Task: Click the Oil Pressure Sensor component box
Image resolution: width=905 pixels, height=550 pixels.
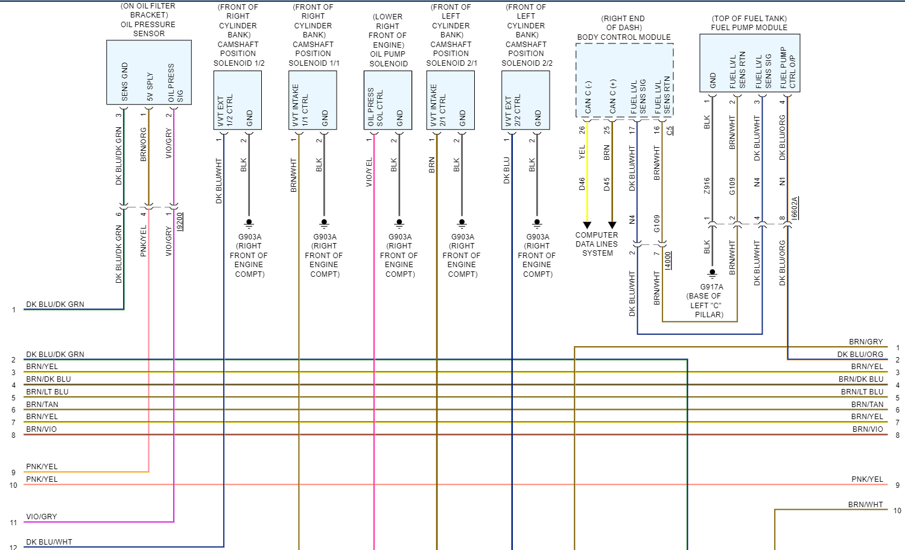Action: tap(148, 72)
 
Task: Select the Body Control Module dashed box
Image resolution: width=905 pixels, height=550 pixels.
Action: tap(624, 80)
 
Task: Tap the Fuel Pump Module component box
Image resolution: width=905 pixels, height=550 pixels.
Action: tap(749, 63)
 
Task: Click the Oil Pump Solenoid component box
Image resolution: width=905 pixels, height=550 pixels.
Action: tap(387, 100)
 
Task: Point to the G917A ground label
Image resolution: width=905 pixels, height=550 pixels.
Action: tap(712, 287)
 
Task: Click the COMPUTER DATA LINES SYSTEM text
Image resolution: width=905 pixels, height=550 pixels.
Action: tap(597, 244)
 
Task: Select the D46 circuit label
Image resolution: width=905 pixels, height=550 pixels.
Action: tap(582, 184)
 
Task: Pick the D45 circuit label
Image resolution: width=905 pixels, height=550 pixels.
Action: tap(607, 184)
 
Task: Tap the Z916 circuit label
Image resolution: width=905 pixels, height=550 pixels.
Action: tap(707, 186)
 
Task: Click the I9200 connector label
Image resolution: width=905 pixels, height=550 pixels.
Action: tap(180, 221)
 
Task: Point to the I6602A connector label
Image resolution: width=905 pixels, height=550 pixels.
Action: tap(795, 207)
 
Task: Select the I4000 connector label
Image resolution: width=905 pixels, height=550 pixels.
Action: tap(668, 260)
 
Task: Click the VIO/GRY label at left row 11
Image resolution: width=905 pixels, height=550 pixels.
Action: tap(42, 517)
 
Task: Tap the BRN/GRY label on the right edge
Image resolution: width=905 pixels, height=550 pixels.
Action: tap(866, 342)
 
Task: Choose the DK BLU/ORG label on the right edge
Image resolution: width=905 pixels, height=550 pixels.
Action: tap(860, 355)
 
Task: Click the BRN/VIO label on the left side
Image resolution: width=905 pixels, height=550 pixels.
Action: tap(42, 429)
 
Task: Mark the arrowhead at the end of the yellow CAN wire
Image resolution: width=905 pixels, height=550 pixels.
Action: tap(587, 226)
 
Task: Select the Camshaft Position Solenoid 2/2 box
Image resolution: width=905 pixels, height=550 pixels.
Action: tap(526, 100)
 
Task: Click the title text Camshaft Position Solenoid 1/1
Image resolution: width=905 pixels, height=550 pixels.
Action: tap(313, 35)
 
